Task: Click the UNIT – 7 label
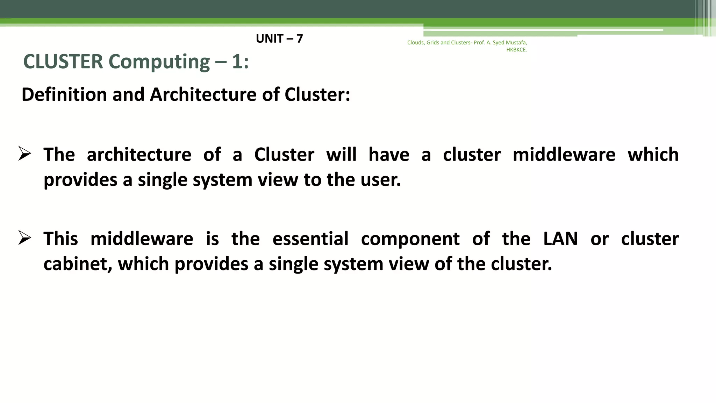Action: [279, 38]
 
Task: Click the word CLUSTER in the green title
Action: [63, 62]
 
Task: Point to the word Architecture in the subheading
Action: [203, 94]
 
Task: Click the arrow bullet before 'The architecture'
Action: [25, 154]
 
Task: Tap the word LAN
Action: [560, 239]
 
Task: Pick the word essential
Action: [310, 239]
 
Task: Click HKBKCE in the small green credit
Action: [516, 50]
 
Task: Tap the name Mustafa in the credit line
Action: [516, 43]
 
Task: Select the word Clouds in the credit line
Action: [416, 43]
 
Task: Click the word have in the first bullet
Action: [389, 154]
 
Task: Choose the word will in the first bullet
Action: [341, 154]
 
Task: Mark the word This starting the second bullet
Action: [61, 239]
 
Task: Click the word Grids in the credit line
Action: [433, 43]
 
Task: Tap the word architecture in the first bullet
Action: [139, 154]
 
